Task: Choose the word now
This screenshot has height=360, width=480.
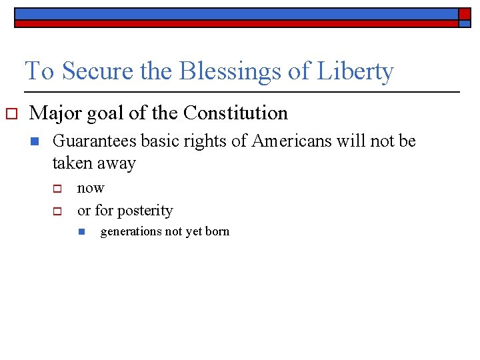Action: coord(91,188)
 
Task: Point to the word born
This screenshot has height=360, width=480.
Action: coord(217,232)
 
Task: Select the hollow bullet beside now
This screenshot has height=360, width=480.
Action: coord(57,189)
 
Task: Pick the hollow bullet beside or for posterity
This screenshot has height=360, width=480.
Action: coord(57,211)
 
